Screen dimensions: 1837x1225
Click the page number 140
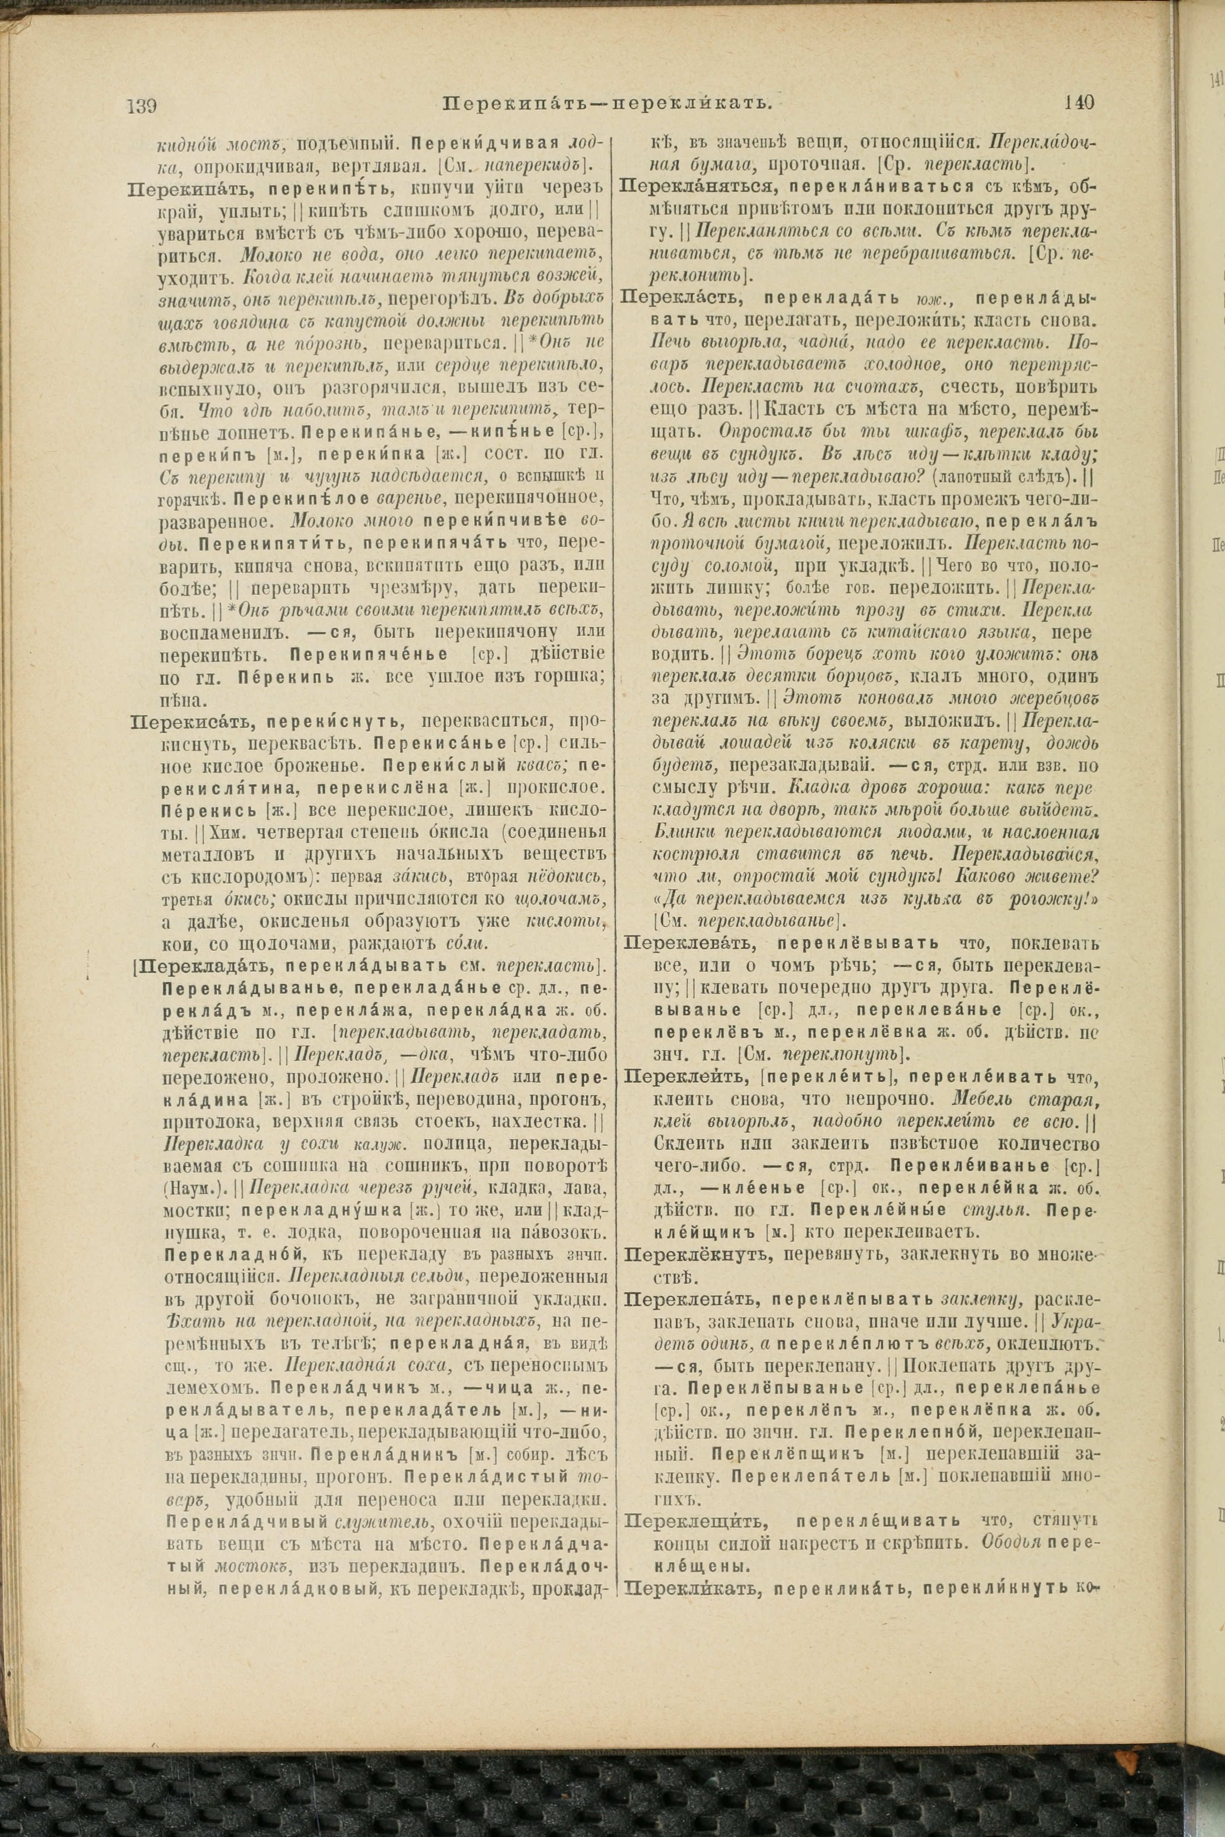[1079, 102]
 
